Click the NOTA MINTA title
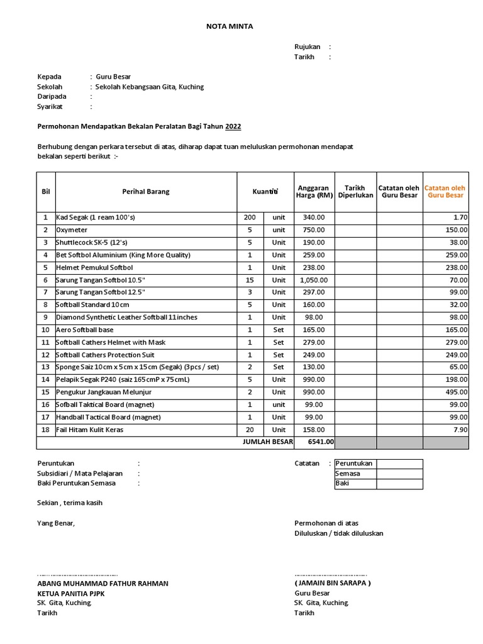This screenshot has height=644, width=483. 230,26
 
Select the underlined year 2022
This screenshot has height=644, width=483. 233,126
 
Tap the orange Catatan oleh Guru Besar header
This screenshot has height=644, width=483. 445,191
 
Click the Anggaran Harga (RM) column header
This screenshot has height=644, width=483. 314,191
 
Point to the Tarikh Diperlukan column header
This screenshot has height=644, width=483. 355,191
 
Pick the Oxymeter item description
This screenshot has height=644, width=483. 72,230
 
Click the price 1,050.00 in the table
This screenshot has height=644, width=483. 314,280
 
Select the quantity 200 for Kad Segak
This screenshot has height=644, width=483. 250,218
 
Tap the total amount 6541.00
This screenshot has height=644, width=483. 320,442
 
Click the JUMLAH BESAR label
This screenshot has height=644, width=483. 268,442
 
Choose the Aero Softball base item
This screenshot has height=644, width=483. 85,330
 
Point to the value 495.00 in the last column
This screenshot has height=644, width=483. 457,392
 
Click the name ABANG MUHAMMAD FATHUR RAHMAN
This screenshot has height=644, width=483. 103,583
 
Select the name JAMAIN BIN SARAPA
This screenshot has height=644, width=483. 333,583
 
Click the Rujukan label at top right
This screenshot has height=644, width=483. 307,47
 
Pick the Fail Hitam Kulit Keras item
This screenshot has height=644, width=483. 89,430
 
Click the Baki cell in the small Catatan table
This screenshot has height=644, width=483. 355,484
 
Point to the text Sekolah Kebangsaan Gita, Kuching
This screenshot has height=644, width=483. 150,87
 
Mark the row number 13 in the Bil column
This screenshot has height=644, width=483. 45,367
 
